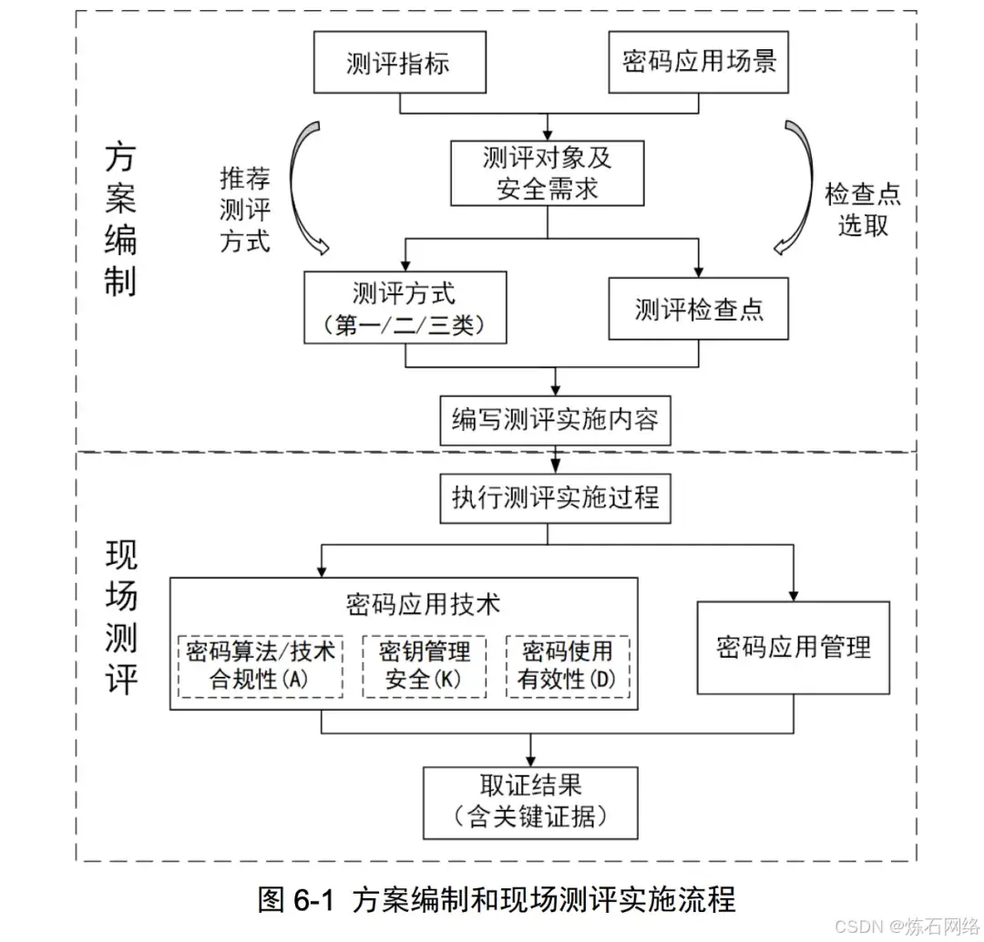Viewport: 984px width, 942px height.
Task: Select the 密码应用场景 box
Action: (699, 63)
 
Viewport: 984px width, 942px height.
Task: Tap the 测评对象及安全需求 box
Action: (548, 173)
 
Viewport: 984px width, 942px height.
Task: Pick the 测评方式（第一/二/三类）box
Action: (405, 308)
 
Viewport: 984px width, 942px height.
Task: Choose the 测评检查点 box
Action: (698, 309)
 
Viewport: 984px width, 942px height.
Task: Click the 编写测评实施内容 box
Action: (555, 420)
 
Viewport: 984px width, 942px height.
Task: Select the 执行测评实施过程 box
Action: (555, 497)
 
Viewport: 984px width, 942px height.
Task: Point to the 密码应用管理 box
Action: (793, 647)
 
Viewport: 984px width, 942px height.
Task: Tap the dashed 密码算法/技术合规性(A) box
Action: (260, 665)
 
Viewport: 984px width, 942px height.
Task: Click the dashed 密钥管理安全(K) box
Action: (425, 665)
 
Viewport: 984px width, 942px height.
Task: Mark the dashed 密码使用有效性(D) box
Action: (567, 665)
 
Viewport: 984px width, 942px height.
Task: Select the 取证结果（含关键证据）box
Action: (530, 803)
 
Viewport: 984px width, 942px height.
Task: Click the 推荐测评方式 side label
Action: (245, 210)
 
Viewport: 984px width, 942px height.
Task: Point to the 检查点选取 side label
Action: (863, 210)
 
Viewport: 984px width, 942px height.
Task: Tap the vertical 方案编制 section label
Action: (120, 219)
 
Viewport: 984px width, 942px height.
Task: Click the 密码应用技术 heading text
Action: (423, 604)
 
